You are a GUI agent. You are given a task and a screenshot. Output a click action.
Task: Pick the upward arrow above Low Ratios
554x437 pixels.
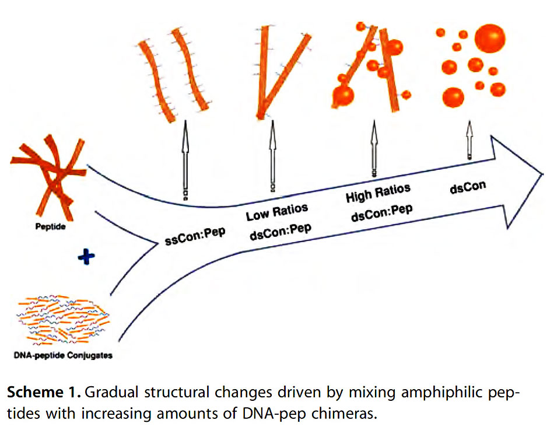tap(272, 155)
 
